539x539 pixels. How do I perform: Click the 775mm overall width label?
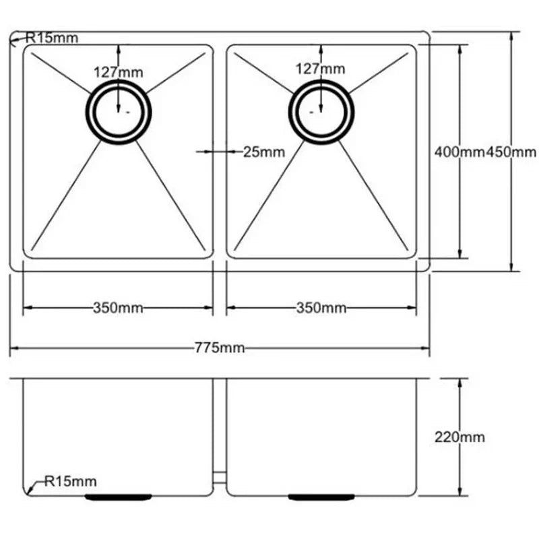pyautogui.click(x=220, y=348)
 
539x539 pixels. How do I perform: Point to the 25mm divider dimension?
pyautogui.click(x=263, y=152)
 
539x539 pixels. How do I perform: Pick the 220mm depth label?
pyautogui.click(x=459, y=437)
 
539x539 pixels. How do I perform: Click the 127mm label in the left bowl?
pyautogui.click(x=118, y=70)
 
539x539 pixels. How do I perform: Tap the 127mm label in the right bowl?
pyautogui.click(x=321, y=68)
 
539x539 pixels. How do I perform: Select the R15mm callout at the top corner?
pyautogui.click(x=51, y=38)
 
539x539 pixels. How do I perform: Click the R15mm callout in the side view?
pyautogui.click(x=70, y=481)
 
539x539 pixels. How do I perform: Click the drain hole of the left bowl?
pyautogui.click(x=119, y=112)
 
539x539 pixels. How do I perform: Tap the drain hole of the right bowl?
pyautogui.click(x=321, y=112)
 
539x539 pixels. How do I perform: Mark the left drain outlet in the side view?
pyautogui.click(x=119, y=497)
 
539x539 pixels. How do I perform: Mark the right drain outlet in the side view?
pyautogui.click(x=321, y=497)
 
